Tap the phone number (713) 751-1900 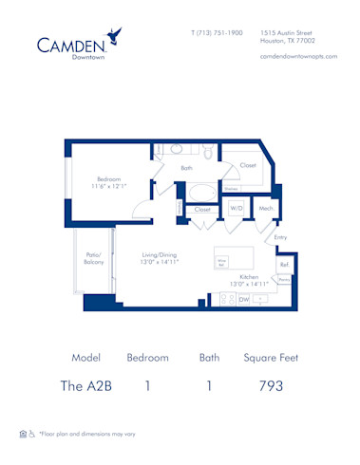click(x=216, y=32)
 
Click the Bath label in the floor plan click(x=187, y=168)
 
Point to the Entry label click(x=279, y=237)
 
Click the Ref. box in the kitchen click(x=283, y=265)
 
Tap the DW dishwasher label click(x=243, y=299)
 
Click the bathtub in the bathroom click(x=202, y=189)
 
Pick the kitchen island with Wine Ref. click(x=234, y=258)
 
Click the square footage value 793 click(x=271, y=385)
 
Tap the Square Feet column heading click(x=271, y=358)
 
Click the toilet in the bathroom click(x=208, y=151)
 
